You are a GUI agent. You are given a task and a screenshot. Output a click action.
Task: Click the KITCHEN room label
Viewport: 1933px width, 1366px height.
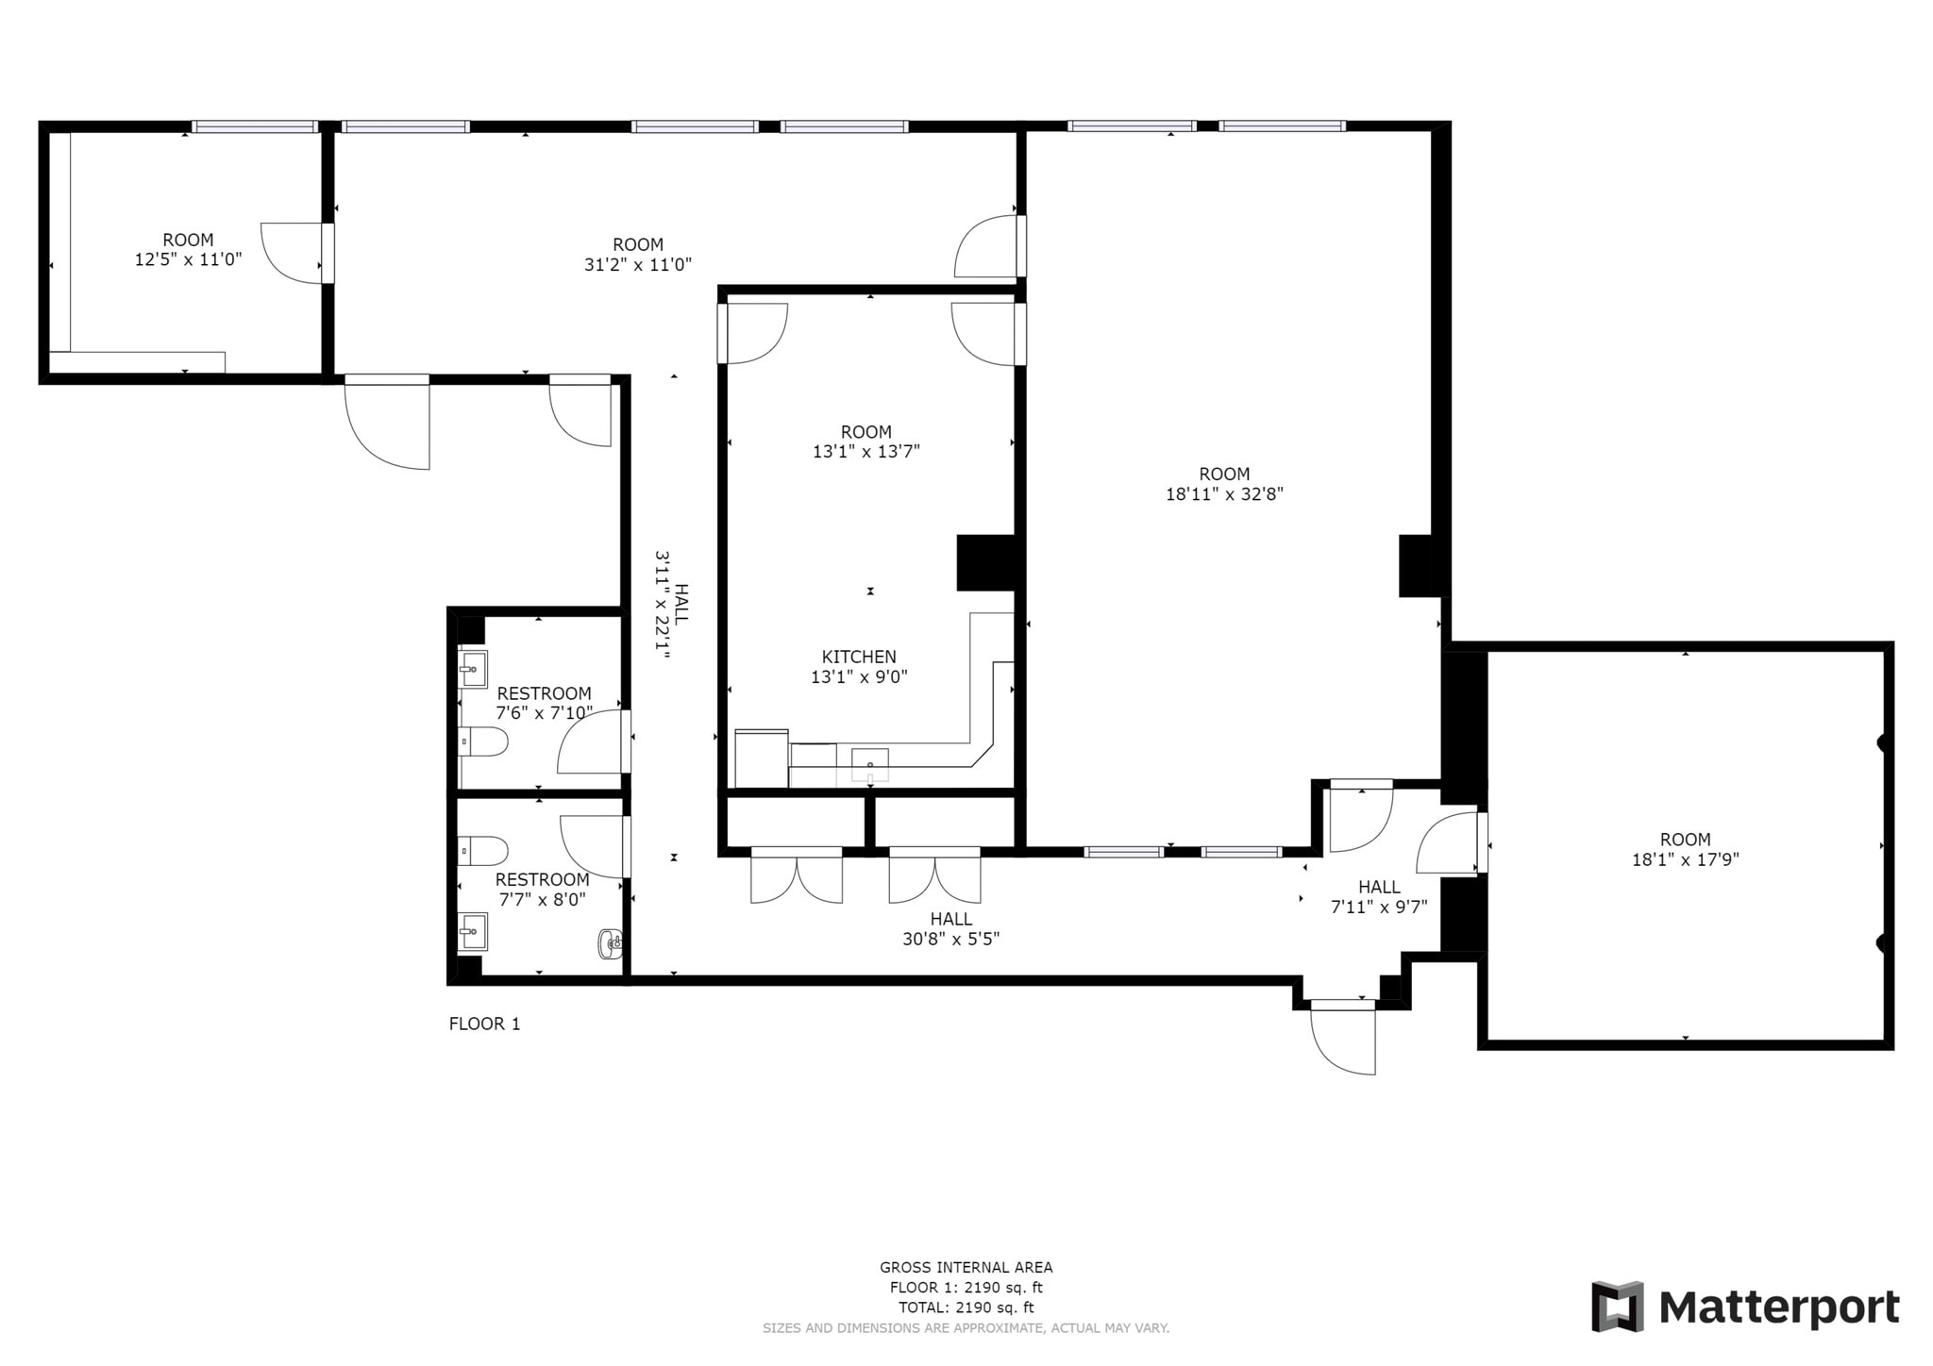859,657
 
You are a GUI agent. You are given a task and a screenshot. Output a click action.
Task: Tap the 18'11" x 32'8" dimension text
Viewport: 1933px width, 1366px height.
1224,493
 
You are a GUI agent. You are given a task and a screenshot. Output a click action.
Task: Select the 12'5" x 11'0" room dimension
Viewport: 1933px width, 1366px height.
188,259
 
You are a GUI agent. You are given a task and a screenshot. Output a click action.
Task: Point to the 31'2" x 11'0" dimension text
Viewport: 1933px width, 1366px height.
638,265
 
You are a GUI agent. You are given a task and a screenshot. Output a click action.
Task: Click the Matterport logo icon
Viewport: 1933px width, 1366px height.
1618,1307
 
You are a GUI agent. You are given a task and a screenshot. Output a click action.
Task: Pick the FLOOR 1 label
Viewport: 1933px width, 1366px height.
484,1024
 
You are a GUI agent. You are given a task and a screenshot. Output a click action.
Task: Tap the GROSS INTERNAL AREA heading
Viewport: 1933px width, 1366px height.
966,1268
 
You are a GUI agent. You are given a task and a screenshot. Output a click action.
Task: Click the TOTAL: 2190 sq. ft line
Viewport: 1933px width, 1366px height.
966,1308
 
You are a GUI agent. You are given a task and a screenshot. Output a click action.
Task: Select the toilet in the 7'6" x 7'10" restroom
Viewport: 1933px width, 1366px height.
482,742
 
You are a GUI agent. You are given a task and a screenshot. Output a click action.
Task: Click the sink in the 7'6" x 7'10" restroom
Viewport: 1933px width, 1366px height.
473,669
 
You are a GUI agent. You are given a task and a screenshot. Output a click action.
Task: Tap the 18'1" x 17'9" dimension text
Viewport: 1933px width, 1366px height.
1685,859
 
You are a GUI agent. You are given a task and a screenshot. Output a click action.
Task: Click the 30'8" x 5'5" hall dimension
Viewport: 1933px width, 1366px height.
950,939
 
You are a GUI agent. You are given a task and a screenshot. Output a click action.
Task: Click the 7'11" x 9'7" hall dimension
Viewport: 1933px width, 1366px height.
1379,908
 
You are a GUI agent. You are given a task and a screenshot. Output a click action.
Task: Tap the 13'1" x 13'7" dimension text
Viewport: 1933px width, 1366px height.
866,452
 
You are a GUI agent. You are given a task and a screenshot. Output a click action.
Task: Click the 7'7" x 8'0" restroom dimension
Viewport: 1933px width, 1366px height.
542,900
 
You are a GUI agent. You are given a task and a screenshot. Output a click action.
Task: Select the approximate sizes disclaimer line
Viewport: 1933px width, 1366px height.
966,1328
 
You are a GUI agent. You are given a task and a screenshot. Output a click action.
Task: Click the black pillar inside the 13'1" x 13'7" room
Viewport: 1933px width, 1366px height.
986,563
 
